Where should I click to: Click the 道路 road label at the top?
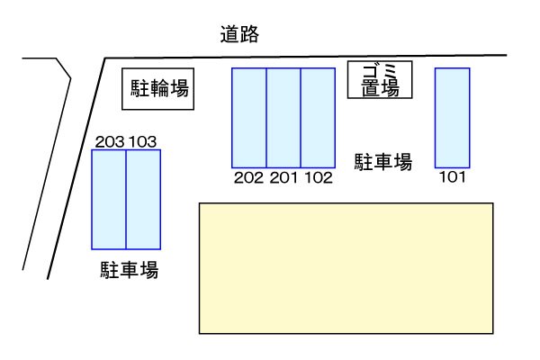[239, 35]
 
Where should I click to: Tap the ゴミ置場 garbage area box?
[380, 80]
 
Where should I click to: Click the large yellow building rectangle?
[346, 267]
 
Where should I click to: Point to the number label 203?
[109, 141]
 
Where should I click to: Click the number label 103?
[144, 141]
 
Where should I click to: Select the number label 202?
[248, 177]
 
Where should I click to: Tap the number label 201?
[283, 177]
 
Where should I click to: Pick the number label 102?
[318, 177]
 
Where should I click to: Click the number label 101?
[452, 177]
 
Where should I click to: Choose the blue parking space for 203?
[109, 199]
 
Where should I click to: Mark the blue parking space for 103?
[143, 199]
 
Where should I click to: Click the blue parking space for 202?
[249, 117]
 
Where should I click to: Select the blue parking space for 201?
[283, 117]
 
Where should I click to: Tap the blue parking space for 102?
[318, 117]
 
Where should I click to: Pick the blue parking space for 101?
[453, 117]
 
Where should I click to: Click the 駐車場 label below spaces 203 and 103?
[130, 269]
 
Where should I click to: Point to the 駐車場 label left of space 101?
[382, 162]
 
